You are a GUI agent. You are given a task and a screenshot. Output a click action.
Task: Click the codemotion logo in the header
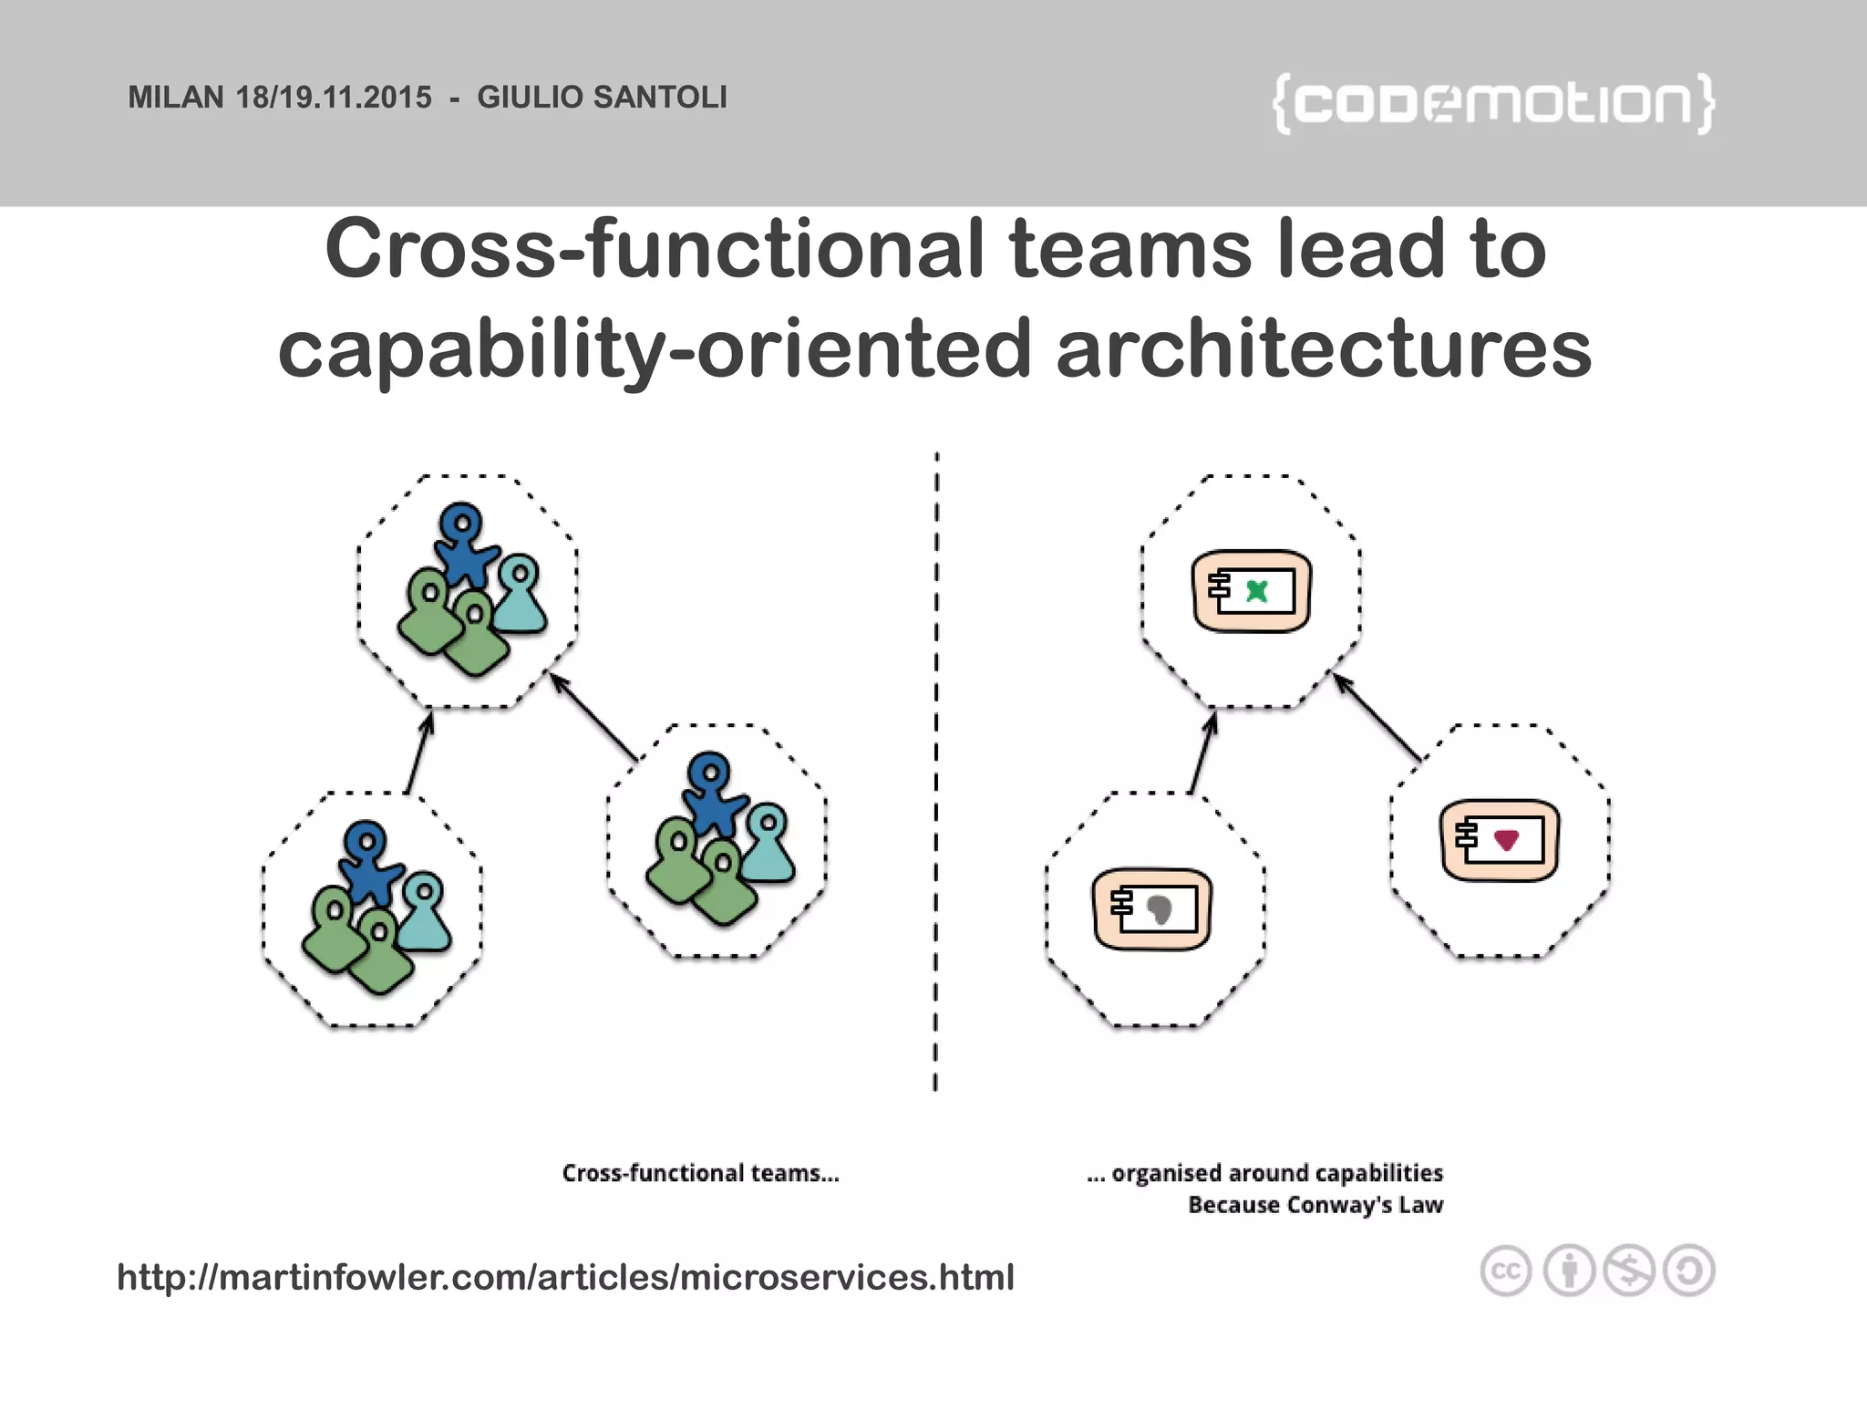[1493, 103]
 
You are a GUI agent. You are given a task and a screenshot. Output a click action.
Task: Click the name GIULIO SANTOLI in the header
[602, 97]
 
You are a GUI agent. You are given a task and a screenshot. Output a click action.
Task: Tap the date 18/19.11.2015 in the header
[334, 97]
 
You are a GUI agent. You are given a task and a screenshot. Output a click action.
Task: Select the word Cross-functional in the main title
[654, 249]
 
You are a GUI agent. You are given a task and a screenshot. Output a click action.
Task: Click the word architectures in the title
[1324, 349]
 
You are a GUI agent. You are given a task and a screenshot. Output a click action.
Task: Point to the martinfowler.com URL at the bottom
[565, 1277]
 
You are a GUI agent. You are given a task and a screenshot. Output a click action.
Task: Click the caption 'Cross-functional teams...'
[700, 1173]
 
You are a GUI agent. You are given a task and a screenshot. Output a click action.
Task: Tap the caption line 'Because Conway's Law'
[1315, 1205]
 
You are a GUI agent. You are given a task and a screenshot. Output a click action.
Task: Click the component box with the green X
[1252, 591]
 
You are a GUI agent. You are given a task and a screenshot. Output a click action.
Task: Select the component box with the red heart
[1500, 840]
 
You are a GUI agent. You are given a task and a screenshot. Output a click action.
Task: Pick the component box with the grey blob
[1152, 909]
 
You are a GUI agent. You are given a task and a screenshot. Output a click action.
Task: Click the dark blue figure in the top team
[465, 543]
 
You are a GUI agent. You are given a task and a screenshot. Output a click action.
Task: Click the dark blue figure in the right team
[713, 792]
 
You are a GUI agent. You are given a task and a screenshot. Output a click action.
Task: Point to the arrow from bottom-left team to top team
[419, 753]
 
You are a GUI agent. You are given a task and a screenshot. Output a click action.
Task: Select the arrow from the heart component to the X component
[1377, 717]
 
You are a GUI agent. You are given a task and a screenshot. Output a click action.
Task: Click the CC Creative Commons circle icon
[1505, 1271]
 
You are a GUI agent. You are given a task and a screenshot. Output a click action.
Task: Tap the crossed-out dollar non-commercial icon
[1629, 1271]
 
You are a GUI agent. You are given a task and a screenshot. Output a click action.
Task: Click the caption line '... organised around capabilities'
[1264, 1173]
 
